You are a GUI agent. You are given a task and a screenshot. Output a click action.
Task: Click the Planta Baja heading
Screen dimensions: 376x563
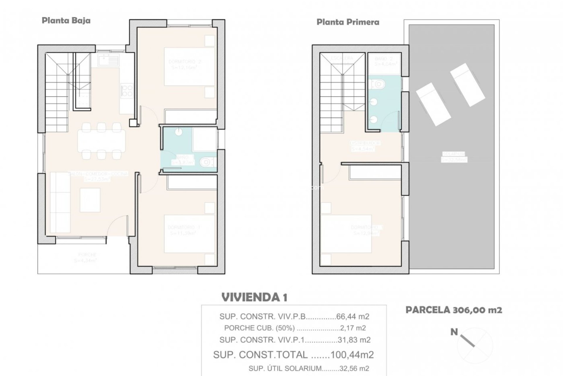coord(66,21)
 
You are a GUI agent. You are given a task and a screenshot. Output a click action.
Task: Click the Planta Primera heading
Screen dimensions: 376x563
coord(348,22)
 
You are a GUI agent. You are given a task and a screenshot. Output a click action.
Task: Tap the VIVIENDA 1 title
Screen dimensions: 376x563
coord(254,297)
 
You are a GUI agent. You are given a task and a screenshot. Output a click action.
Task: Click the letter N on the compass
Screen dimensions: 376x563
coord(454,332)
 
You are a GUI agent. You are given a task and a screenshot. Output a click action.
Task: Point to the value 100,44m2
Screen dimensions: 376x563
coord(352,355)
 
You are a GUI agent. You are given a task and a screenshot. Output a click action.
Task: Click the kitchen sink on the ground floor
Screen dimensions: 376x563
coord(109,60)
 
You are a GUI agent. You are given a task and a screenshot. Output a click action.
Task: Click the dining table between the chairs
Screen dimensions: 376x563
coord(101,141)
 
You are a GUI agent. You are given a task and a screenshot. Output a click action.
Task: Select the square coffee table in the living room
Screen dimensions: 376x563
coord(90,200)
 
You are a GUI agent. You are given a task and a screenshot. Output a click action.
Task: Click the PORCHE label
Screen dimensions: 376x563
coord(87,255)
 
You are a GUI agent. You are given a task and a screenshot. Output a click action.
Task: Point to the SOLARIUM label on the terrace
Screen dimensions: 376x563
coord(454,154)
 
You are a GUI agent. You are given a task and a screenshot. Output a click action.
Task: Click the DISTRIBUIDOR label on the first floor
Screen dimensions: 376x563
coord(365,143)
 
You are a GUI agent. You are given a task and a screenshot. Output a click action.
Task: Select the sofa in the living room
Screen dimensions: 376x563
coord(60,203)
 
